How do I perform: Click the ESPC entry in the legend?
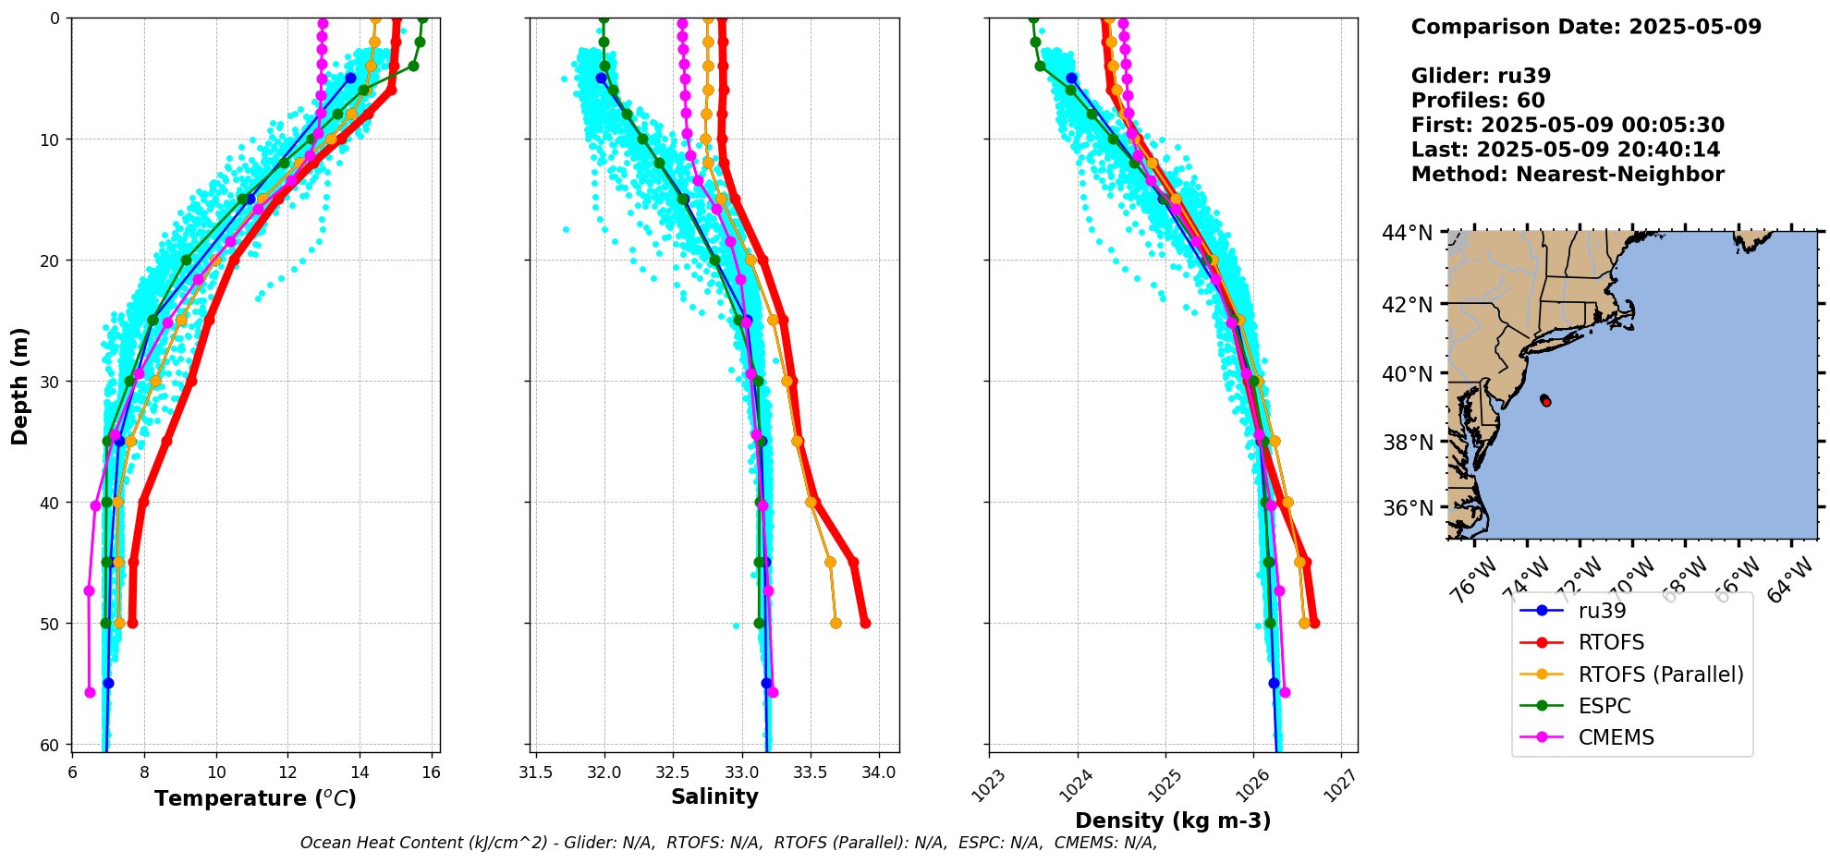(x=1604, y=706)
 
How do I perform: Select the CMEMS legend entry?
(x=1616, y=737)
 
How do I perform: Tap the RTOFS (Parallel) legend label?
(x=1661, y=675)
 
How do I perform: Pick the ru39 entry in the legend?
(x=1602, y=611)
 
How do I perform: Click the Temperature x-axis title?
(x=255, y=798)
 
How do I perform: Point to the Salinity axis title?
(x=714, y=796)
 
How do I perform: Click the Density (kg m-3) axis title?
(x=1173, y=820)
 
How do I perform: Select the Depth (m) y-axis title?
(x=20, y=385)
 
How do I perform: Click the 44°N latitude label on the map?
(x=1407, y=233)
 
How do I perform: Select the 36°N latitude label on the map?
(x=1407, y=508)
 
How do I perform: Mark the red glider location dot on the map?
(x=1546, y=401)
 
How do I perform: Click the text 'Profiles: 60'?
(x=1478, y=101)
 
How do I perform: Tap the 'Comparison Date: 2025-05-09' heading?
(x=1586, y=27)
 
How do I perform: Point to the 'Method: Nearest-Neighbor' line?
(x=1568, y=175)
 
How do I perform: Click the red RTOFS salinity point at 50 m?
(x=865, y=624)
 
